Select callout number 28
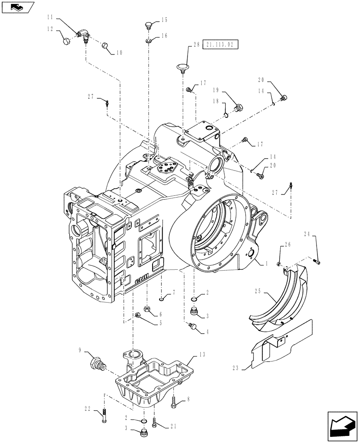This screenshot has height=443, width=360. pyautogui.click(x=196, y=44)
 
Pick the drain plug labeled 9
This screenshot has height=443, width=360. pyautogui.click(x=98, y=365)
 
